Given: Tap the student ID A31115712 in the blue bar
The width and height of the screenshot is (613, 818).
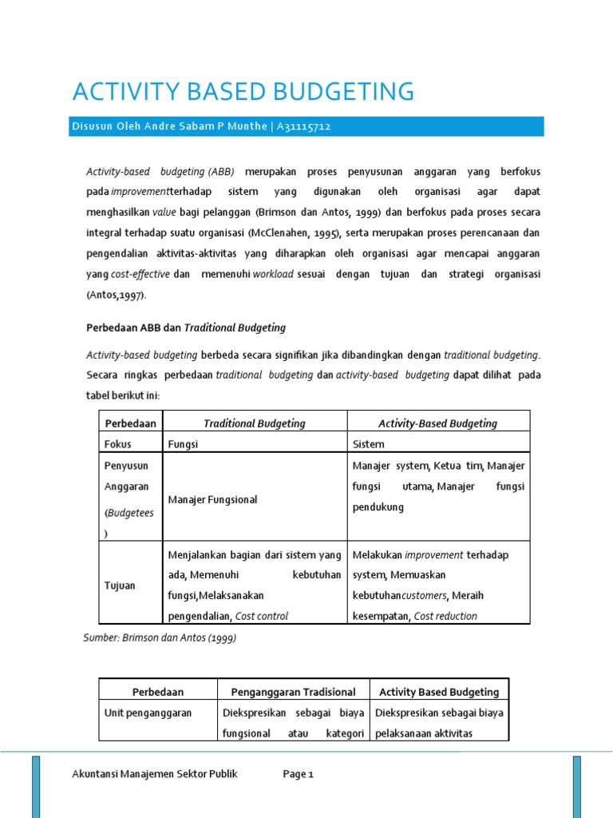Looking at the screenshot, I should click(304, 127).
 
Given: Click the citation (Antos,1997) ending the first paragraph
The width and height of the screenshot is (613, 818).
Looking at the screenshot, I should click(117, 295).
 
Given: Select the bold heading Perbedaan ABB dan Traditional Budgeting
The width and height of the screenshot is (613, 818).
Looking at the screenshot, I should click(185, 328).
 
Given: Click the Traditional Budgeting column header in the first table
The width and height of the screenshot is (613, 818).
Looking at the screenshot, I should click(254, 423).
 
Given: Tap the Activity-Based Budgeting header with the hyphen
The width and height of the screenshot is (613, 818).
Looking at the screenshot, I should click(437, 423).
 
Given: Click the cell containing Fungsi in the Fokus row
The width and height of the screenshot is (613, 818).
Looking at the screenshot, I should click(183, 444).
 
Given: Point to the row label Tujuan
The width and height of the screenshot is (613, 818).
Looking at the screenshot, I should click(121, 586).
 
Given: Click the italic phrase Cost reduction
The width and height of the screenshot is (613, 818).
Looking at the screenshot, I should click(446, 616).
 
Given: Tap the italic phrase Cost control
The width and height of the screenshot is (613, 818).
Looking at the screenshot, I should click(262, 616).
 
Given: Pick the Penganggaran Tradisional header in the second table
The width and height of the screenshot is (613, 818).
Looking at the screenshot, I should click(293, 692).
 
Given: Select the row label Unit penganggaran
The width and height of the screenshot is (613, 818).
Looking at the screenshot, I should click(148, 713).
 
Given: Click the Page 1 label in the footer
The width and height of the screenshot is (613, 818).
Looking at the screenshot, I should click(299, 774).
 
